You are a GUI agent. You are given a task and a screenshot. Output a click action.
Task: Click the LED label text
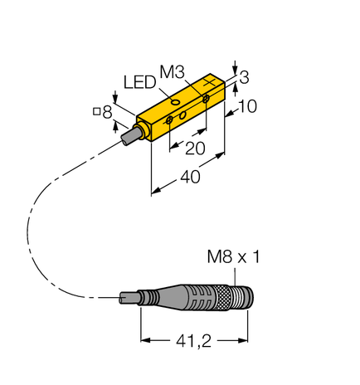139,82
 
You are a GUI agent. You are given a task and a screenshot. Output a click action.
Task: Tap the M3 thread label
172,74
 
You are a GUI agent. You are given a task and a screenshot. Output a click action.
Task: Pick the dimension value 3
244,77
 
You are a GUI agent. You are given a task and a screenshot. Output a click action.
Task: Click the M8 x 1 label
232,258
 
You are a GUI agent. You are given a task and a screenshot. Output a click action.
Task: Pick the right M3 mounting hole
207,101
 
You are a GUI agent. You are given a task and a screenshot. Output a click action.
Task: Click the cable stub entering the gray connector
129,296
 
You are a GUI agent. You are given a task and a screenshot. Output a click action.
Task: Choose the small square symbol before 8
97,112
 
